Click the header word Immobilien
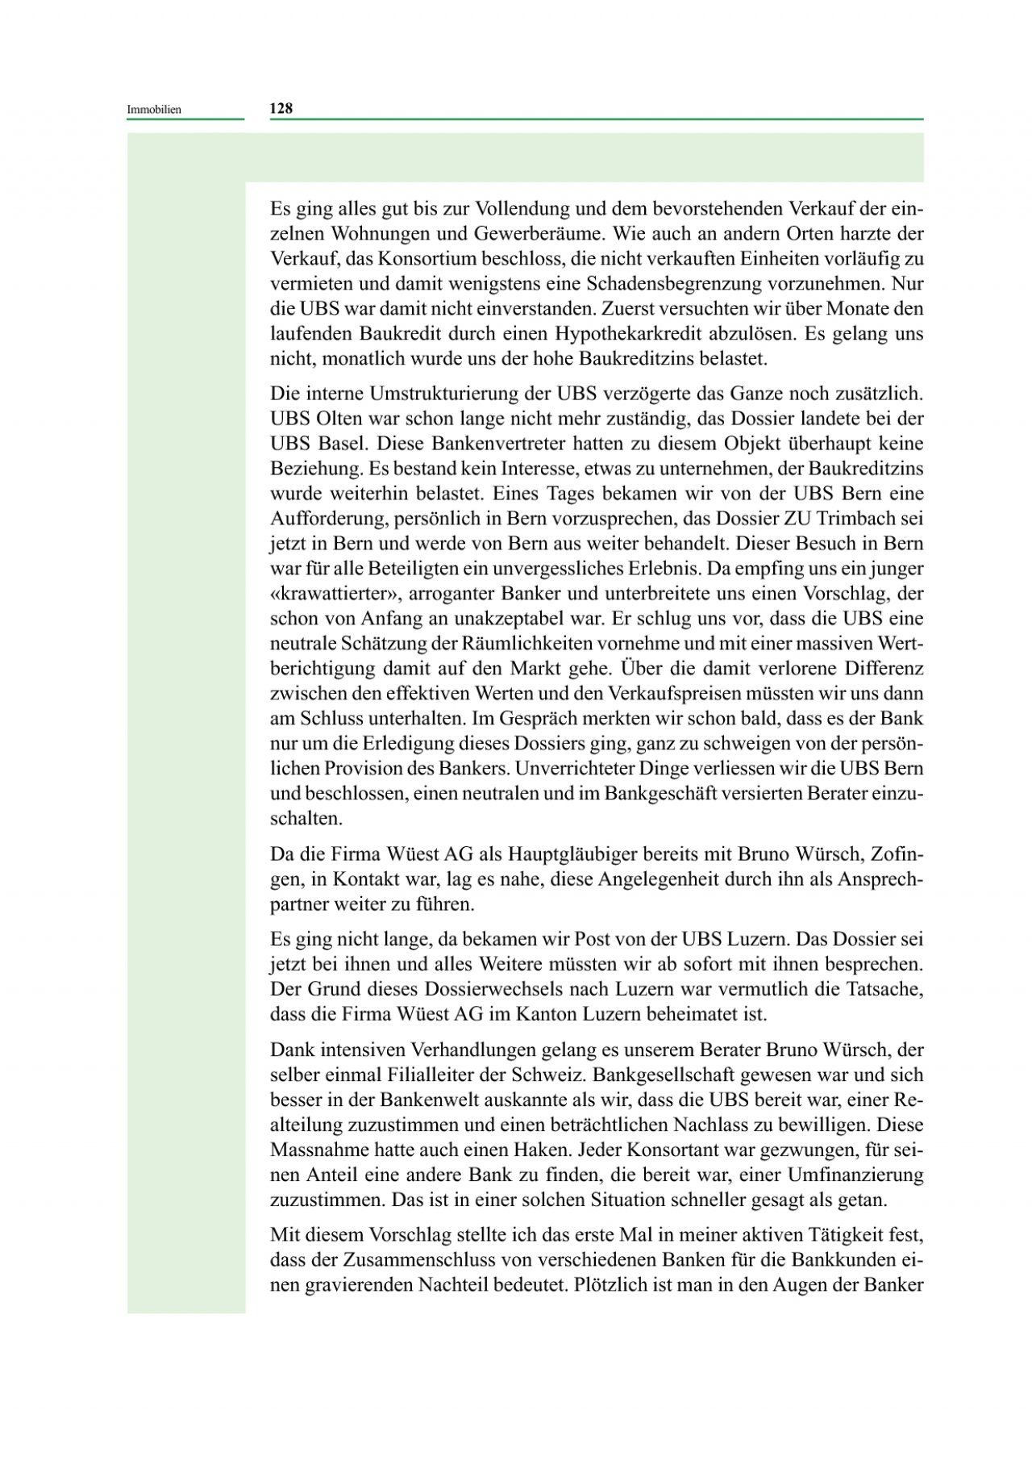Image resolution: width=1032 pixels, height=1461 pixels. [154, 110]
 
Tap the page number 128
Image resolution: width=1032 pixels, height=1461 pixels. [281, 108]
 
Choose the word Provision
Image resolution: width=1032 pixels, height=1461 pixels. [377, 768]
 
